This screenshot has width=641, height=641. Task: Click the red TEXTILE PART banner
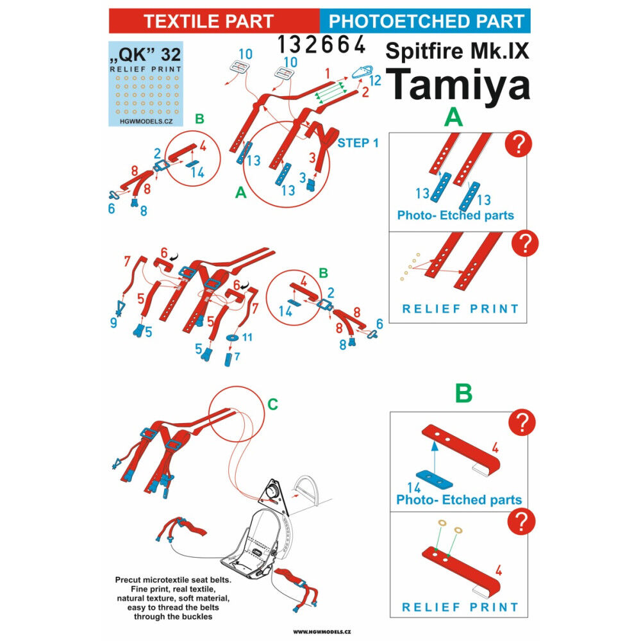click(214, 21)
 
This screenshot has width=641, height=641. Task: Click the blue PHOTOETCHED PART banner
click(425, 21)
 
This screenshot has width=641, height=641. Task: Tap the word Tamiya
click(458, 85)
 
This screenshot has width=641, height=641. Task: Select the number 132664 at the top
click(321, 44)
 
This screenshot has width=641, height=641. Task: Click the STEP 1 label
click(358, 143)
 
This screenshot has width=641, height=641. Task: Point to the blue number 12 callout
click(375, 80)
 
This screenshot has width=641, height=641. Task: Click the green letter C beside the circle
click(272, 404)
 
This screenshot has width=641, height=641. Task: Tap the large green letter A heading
click(453, 118)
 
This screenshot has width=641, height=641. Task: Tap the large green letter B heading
click(463, 394)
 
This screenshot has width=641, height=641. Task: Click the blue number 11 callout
click(247, 337)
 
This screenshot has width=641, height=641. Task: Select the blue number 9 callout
click(113, 322)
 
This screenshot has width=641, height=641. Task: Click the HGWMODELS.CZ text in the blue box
click(146, 121)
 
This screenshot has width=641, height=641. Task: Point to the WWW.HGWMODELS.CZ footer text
click(322, 631)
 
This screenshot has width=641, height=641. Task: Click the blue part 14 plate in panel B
click(434, 479)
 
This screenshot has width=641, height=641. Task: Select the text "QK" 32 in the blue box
click(145, 54)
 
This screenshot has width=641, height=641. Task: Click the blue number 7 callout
click(237, 356)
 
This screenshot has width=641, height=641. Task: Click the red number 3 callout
click(312, 158)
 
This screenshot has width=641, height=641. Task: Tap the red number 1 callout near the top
click(328, 74)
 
